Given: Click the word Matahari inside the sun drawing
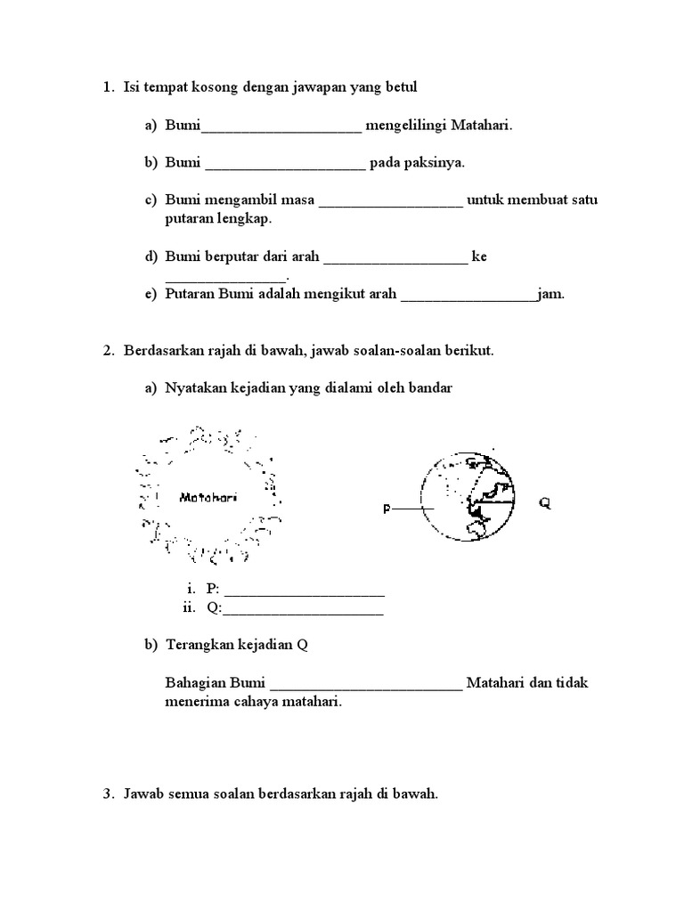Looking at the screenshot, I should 208,497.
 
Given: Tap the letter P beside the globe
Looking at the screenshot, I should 387,509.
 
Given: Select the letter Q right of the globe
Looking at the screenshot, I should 544,503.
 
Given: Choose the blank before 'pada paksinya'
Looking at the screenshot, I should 285,166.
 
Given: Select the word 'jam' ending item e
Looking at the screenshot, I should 551,293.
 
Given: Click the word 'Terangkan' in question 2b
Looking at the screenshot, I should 196,646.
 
